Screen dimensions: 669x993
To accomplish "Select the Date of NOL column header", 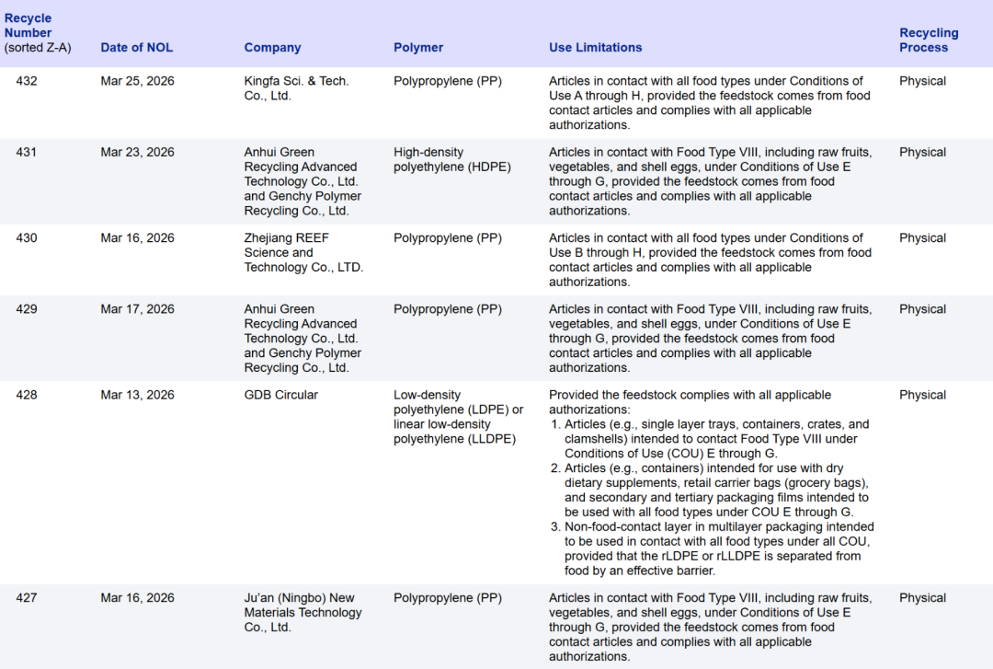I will pyautogui.click(x=136, y=48).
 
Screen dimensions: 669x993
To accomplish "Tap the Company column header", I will pyautogui.click(x=272, y=48).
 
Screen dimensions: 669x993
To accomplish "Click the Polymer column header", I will pyautogui.click(x=418, y=48).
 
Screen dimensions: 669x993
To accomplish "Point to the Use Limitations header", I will pyautogui.click(x=595, y=48).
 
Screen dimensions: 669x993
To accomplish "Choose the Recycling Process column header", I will pyautogui.click(x=929, y=40).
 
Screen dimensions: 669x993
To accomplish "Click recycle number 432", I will pyautogui.click(x=27, y=81).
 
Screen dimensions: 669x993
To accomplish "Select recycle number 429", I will pyautogui.click(x=27, y=309).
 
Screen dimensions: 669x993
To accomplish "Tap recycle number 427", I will pyautogui.click(x=27, y=598).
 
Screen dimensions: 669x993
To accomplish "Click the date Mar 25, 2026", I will pyautogui.click(x=137, y=81).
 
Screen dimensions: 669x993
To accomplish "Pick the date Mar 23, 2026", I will pyautogui.click(x=137, y=153).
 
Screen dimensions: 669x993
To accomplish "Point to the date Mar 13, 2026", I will pyautogui.click(x=137, y=396).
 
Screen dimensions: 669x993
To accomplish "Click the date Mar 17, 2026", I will pyautogui.click(x=137, y=309).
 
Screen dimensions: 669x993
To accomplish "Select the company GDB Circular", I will pyautogui.click(x=280, y=396).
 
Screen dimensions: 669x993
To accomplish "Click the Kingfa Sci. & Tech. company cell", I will pyautogui.click(x=296, y=88).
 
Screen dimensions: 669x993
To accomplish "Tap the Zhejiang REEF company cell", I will pyautogui.click(x=303, y=252).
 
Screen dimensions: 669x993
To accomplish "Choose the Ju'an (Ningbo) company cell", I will pyautogui.click(x=302, y=612).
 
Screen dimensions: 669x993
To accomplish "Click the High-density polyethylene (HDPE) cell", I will pyautogui.click(x=451, y=159).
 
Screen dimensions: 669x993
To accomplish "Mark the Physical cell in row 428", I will pyautogui.click(x=922, y=396).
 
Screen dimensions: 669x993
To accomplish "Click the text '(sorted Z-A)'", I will pyautogui.click(x=37, y=48).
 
